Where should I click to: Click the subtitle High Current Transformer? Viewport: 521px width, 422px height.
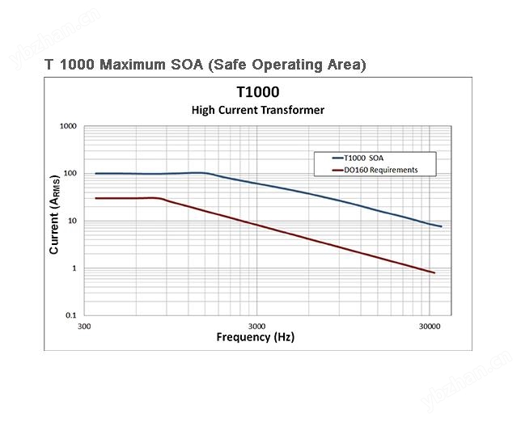257,110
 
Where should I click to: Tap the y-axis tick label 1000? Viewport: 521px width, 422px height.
68,127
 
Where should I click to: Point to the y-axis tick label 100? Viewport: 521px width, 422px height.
70,174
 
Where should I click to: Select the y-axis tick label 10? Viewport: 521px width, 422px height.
72,221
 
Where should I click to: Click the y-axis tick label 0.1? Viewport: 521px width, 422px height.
71,315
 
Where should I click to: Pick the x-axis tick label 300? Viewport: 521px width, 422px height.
84,327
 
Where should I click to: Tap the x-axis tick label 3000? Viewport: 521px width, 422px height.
256,327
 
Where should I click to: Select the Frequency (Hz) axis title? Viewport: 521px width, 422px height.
256,337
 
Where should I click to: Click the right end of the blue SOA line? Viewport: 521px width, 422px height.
441,226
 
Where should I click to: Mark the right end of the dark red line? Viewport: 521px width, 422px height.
434,273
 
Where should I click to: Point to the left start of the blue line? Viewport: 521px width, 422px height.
95,173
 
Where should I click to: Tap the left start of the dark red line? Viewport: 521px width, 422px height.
95,198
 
